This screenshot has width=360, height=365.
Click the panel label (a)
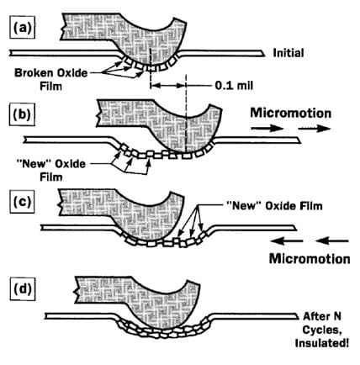(23, 27)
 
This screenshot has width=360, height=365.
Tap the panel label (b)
(23, 114)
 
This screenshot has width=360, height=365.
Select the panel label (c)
(23, 203)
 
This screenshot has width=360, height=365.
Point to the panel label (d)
(23, 289)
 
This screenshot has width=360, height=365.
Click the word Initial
(289, 53)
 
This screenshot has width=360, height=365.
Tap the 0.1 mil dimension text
(234, 85)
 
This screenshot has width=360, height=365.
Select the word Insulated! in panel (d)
(322, 343)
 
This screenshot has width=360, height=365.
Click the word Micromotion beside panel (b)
(291, 113)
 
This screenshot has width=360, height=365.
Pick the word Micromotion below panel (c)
(310, 258)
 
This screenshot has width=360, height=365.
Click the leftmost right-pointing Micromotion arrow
(267, 129)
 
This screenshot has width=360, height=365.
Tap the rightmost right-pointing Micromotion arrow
(315, 129)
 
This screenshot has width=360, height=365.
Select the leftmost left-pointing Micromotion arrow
(287, 241)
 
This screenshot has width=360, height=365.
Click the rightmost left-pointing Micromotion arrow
(332, 241)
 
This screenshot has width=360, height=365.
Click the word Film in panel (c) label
(310, 206)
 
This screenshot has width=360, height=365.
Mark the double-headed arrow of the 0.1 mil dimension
(168, 85)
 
